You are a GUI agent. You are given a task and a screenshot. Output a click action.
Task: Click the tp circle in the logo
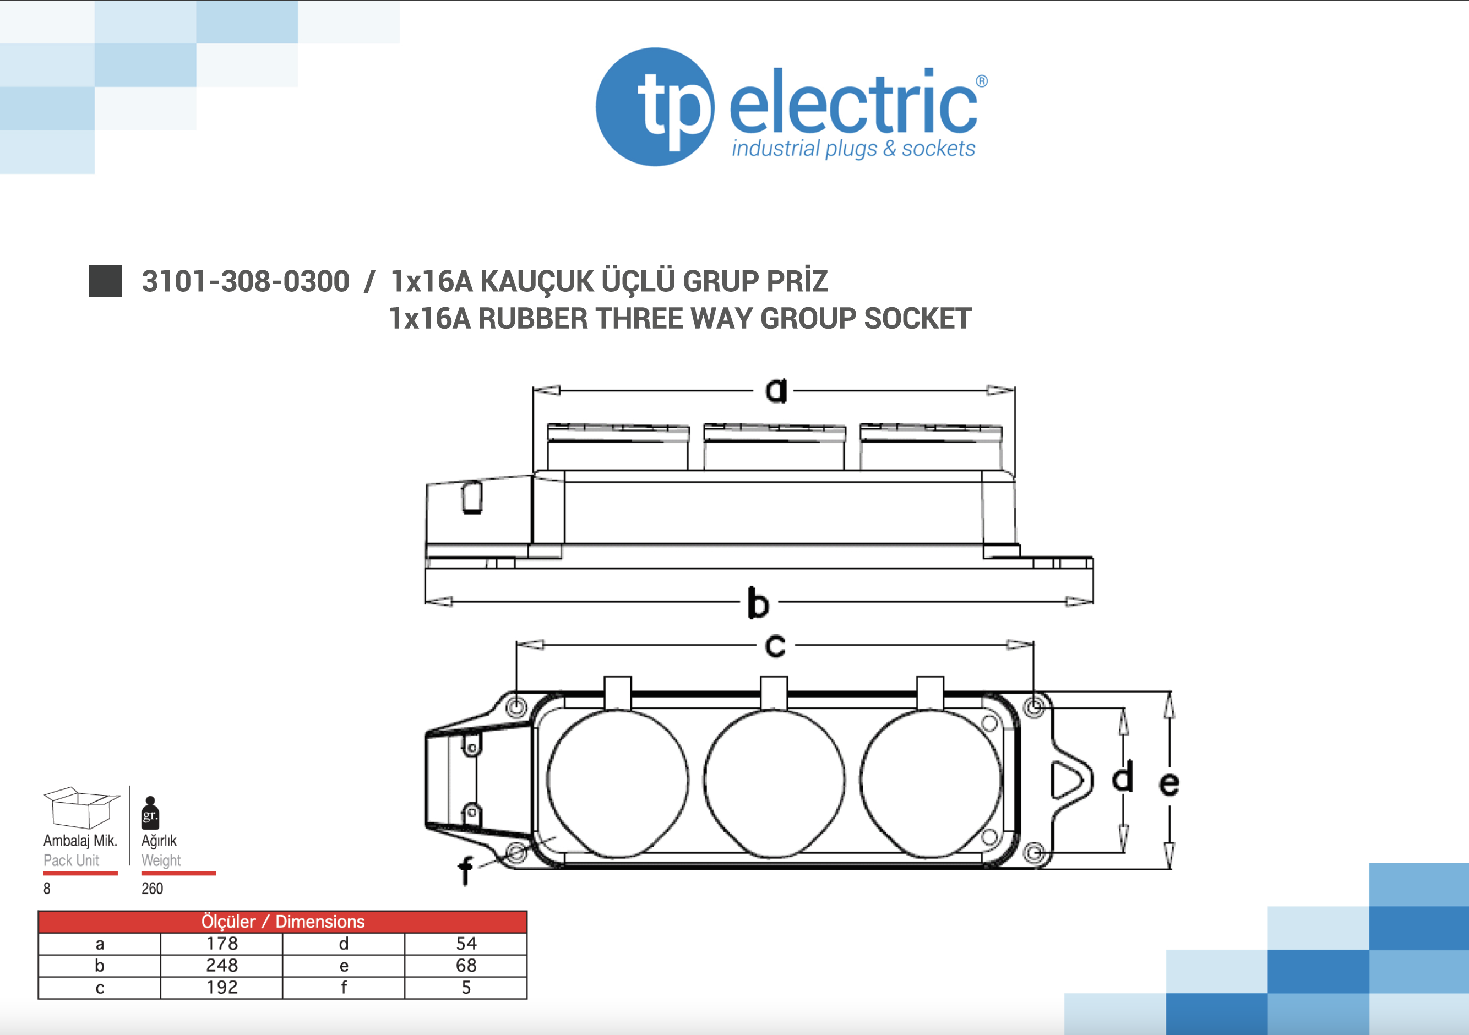[x=655, y=107]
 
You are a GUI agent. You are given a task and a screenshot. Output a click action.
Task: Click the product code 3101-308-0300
[x=245, y=281]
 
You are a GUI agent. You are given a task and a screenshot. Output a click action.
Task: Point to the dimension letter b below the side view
[x=758, y=603]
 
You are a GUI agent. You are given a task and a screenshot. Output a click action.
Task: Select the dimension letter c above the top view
[x=775, y=645]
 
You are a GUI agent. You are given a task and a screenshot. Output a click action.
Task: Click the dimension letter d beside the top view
[x=1122, y=777]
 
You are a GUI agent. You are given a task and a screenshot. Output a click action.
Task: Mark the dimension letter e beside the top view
[x=1169, y=783]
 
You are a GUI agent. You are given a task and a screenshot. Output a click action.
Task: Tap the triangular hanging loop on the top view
[x=1069, y=780]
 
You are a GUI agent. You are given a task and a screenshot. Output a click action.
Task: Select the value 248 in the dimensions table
[x=221, y=965]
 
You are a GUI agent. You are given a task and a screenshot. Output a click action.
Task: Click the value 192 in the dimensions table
[x=221, y=987]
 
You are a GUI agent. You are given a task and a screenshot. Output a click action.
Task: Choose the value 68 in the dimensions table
[x=466, y=965]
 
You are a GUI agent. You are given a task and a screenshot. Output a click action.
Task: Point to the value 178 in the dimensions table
[x=221, y=944]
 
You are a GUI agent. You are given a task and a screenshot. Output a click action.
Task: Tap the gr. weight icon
[x=150, y=813]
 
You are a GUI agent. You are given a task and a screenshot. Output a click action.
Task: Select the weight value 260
[x=153, y=888]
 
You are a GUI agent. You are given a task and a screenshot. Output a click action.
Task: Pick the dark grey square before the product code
[x=105, y=281]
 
